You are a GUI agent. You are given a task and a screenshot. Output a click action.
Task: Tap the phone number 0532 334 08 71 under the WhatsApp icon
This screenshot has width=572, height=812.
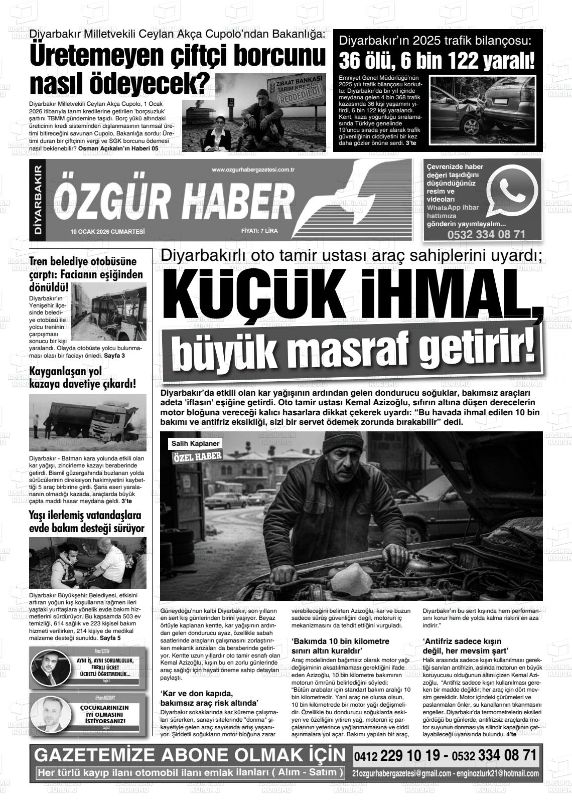click(x=486, y=234)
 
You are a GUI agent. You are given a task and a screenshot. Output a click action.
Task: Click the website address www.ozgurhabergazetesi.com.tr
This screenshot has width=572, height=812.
click(x=253, y=170)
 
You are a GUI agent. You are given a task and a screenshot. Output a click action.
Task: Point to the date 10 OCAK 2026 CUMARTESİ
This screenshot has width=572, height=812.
click(x=108, y=231)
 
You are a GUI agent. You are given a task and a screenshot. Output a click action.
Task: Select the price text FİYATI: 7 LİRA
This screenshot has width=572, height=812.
click(x=259, y=231)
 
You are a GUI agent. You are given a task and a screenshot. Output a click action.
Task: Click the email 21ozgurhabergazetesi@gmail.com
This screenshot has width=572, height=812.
click(x=402, y=773)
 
